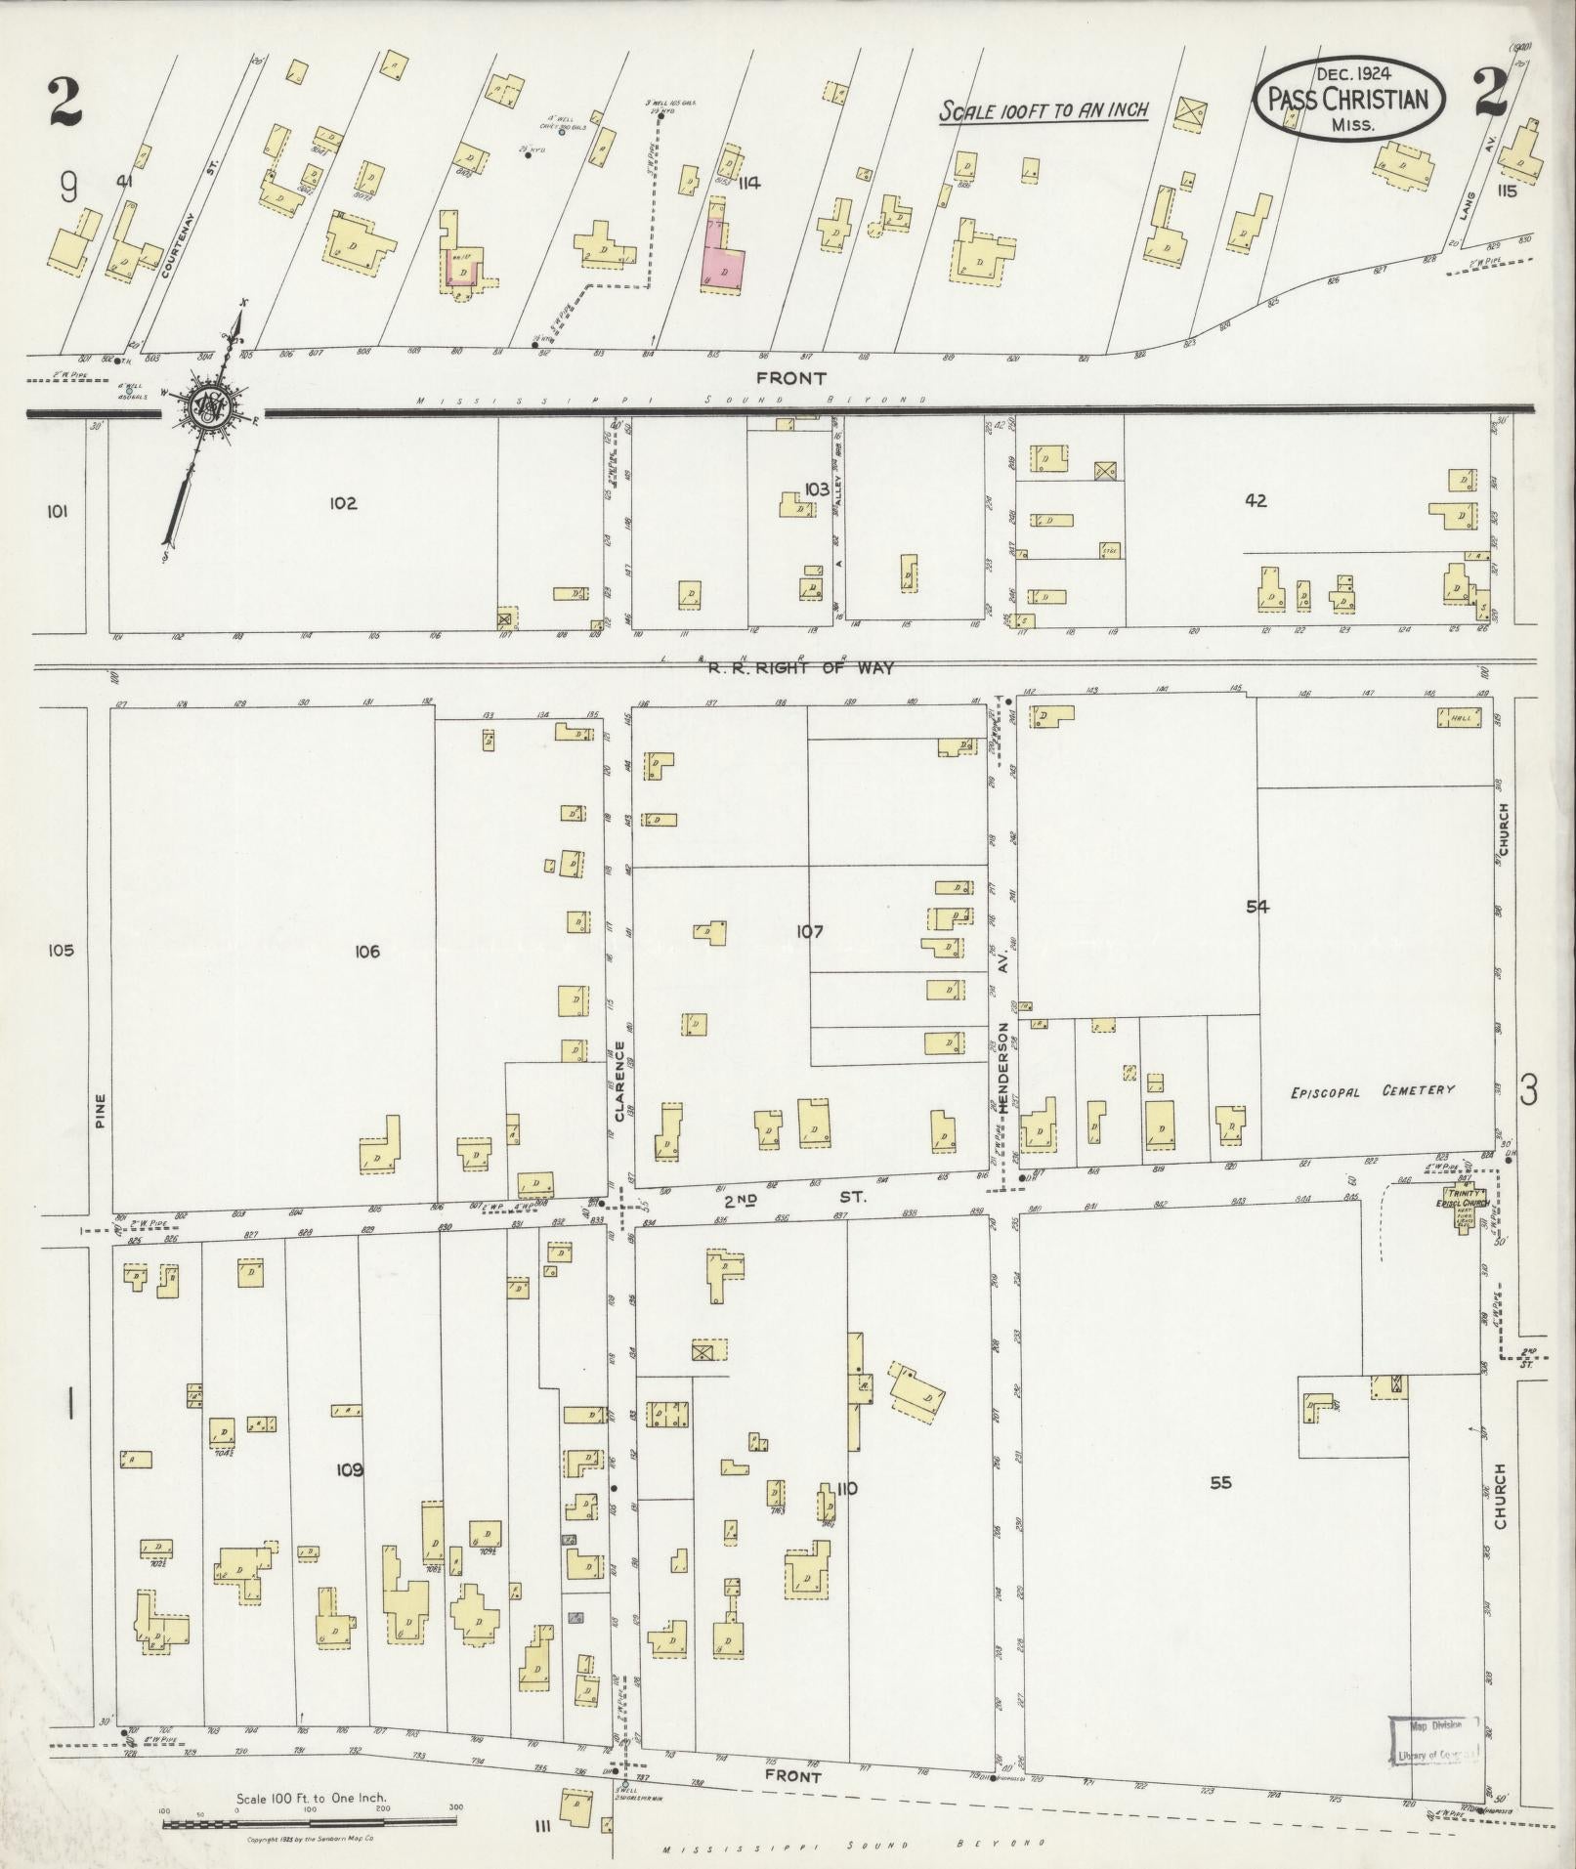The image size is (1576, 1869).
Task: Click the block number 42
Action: click(x=1256, y=500)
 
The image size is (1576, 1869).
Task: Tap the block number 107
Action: click(x=809, y=931)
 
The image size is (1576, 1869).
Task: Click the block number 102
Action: click(x=342, y=503)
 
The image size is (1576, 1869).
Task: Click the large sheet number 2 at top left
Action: click(x=66, y=104)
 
